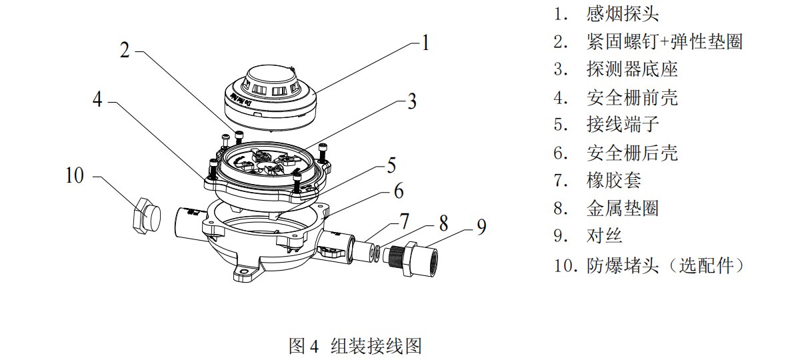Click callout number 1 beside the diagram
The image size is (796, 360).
pos(425,43)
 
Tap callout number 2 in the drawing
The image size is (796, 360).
pos(125,51)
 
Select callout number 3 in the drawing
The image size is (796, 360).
pos(411,101)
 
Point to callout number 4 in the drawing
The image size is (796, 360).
pos(97,99)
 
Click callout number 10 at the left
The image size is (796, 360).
pos(75,176)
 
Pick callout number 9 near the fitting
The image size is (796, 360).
pos(481,227)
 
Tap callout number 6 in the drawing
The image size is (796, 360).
pos(398,191)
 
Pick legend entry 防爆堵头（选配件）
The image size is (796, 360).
pos(665,265)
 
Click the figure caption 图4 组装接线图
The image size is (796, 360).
pos(355,345)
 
